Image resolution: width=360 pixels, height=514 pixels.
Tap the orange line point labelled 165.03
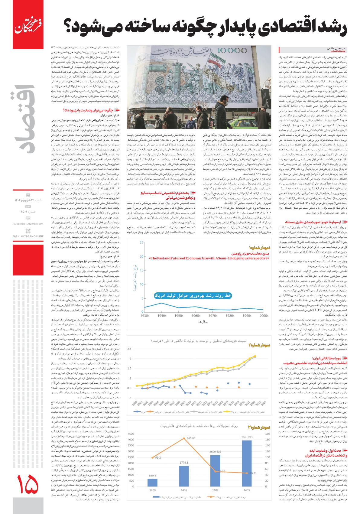click(184, 438)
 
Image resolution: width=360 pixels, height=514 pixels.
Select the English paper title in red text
click(209, 259)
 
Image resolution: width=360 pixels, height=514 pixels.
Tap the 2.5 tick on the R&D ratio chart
click(129, 349)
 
